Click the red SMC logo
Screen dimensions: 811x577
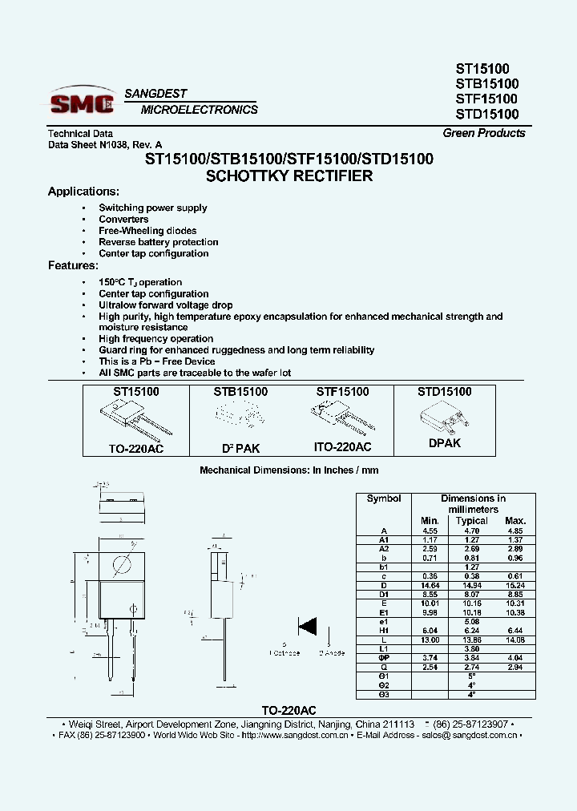pos(82,103)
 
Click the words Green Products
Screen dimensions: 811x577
pos(484,133)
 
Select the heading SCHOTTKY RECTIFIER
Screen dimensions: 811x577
pos(289,176)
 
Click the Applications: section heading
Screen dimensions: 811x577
pos(83,192)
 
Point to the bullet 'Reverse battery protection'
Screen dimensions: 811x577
pos(159,242)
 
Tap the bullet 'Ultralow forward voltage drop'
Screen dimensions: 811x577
pos(166,305)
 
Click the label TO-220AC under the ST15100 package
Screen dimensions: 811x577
pos(136,449)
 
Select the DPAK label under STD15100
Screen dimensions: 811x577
pos(444,443)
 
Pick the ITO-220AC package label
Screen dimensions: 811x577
pos(344,448)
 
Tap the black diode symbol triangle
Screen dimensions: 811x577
pos(306,626)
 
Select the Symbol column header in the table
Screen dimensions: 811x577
pos(384,498)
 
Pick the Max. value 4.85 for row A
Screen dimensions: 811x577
pos(515,531)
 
